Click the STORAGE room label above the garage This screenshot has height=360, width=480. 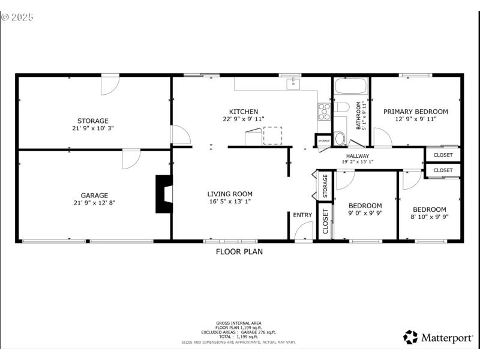coord(93,121)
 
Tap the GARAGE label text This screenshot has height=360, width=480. coord(94,195)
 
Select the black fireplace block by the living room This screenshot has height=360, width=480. coord(163,194)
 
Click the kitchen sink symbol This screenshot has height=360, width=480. coord(293,84)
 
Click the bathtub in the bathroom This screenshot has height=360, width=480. coord(350,85)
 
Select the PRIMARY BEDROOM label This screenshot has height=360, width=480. coord(415,112)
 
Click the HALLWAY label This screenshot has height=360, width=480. coord(357,156)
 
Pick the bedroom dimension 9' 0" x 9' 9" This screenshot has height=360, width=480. coord(365,213)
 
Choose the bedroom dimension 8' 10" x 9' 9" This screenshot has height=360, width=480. coord(429,217)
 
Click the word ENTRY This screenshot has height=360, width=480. coord(302,215)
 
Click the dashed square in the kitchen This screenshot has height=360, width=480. coord(272,136)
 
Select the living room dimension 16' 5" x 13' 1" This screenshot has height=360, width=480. coord(230,202)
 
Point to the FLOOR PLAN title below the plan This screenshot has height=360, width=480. coord(239,252)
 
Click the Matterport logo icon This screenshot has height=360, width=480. coord(410,337)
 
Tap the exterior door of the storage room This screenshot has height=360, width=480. coord(109,85)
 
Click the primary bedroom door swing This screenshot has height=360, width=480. coord(382,137)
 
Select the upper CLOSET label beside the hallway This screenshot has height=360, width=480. coord(443,155)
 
